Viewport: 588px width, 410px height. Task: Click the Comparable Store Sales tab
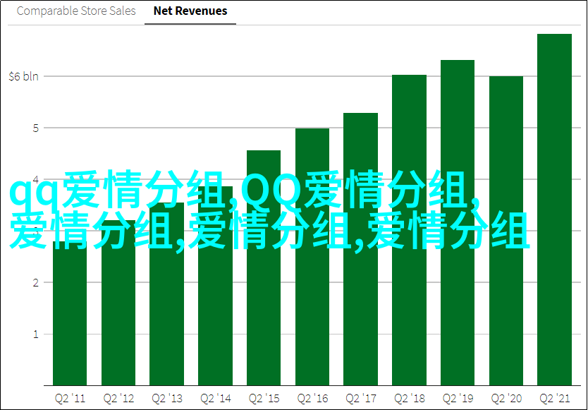76,11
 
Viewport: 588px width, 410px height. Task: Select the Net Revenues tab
190,11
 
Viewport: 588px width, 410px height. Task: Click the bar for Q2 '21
554,210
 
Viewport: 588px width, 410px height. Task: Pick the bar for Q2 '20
506,231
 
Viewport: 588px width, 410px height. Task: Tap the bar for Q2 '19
458,223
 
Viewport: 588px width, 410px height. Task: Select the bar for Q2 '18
409,230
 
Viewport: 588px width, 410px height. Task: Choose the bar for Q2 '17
360,249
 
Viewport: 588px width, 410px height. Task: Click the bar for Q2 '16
312,257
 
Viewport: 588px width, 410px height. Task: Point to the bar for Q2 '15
264,268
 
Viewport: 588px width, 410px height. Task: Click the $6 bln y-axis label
24,77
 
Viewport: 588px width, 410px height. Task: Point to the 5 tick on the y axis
36,128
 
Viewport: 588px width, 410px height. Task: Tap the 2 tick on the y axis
36,283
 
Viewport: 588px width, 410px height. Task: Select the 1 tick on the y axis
36,334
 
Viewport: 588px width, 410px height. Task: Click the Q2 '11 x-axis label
70,399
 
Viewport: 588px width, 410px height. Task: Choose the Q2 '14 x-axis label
215,399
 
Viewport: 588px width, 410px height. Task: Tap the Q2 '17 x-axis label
360,399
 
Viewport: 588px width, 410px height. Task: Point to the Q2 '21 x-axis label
554,399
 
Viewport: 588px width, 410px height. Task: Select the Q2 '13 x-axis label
167,399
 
